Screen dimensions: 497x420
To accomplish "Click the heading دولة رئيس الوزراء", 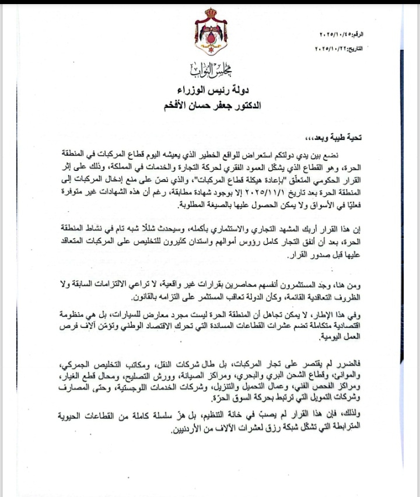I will point(211,91).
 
